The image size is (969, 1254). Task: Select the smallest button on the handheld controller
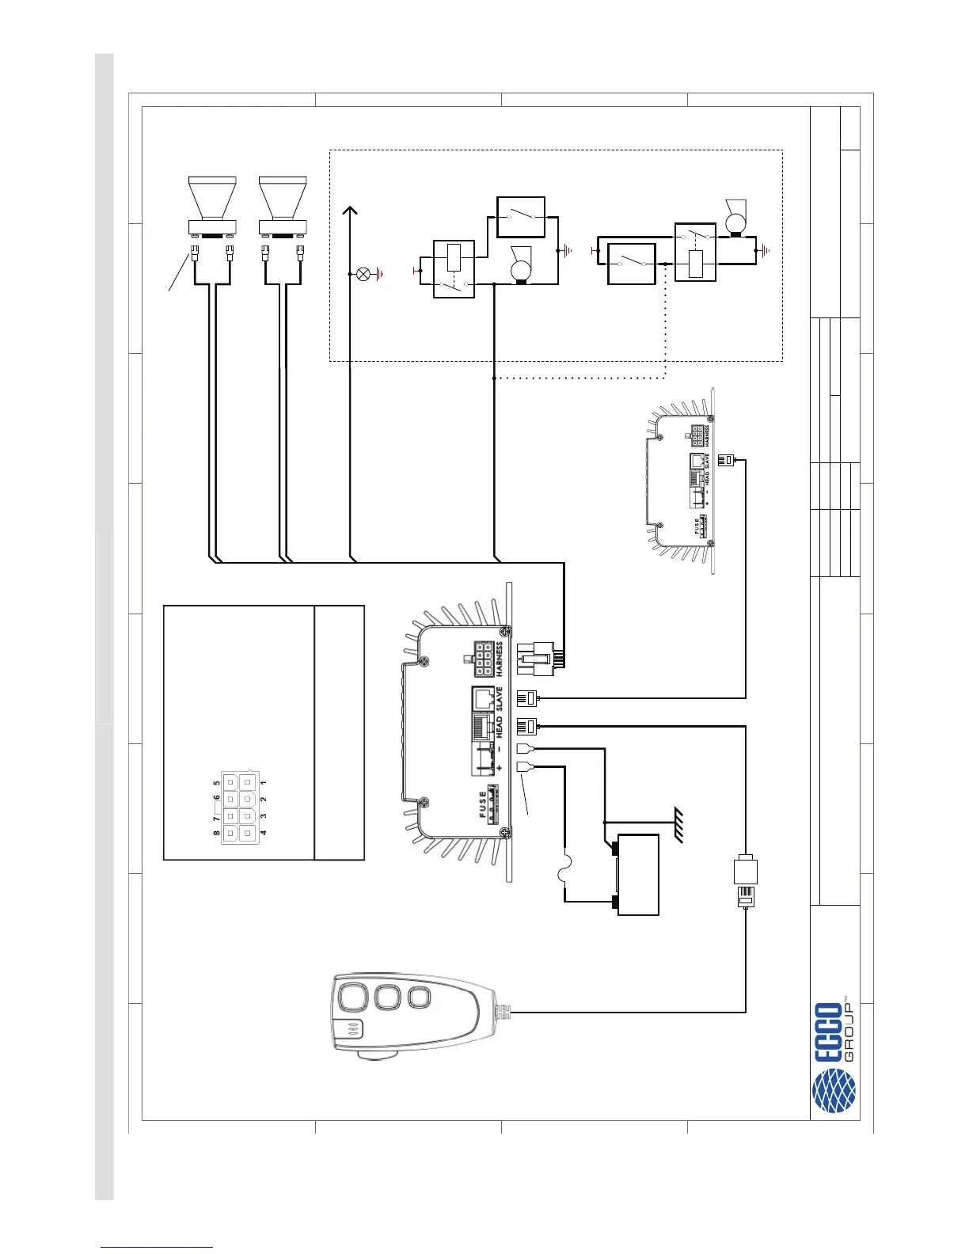coord(417,997)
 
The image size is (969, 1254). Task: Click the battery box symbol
coord(638,875)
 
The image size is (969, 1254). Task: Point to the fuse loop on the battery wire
coord(564,874)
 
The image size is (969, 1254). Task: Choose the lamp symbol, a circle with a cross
coord(364,274)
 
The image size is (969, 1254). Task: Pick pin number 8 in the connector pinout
coord(216,833)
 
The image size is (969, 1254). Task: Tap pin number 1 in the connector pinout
coord(263,782)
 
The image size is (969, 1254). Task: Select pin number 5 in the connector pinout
coord(216,782)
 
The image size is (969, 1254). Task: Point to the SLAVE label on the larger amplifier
coord(499,700)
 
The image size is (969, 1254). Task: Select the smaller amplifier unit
coord(683,481)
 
